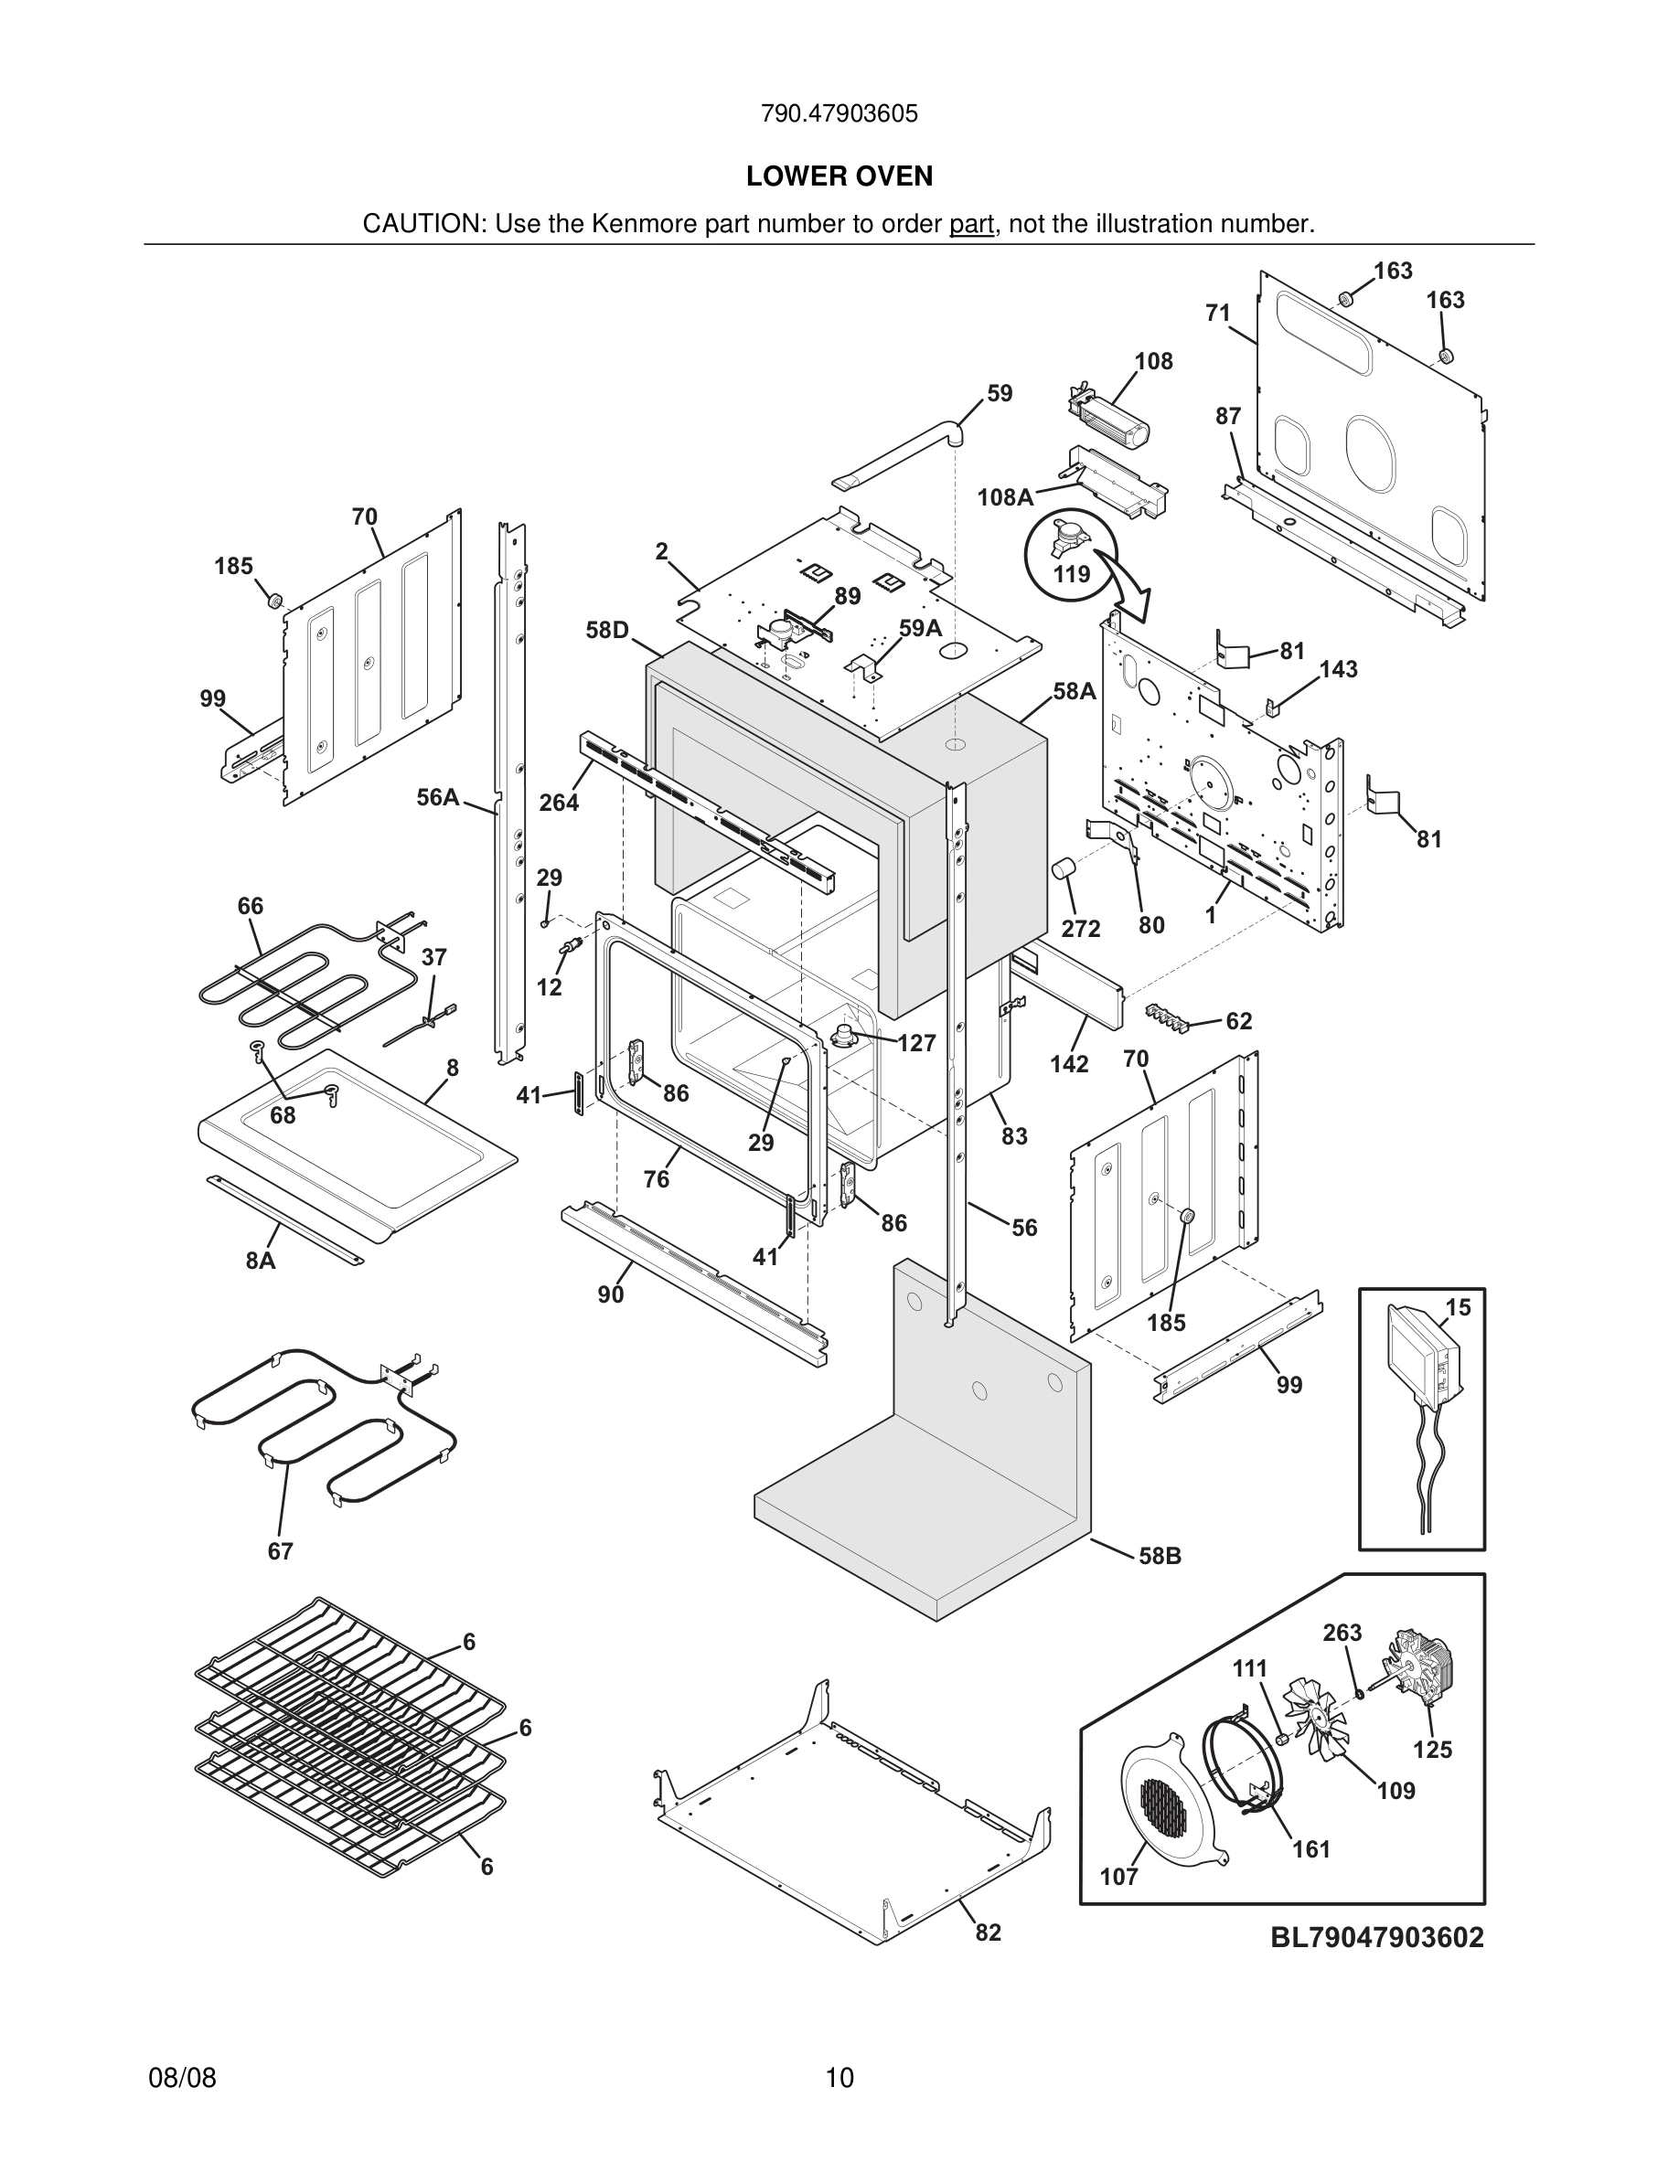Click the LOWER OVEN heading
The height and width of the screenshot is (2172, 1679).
[x=839, y=176]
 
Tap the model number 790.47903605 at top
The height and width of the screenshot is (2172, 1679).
[x=839, y=113]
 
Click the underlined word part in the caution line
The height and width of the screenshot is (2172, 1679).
[x=971, y=224]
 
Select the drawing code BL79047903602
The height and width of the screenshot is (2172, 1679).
[x=1376, y=1936]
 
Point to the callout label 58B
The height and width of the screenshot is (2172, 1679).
[x=1160, y=1555]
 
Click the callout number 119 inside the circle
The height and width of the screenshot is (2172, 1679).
[x=1071, y=574]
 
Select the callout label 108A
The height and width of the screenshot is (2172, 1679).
[x=1005, y=497]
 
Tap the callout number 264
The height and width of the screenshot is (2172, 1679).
[x=558, y=802]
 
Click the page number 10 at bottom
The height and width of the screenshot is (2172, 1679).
[x=839, y=2078]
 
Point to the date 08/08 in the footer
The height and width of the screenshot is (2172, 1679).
[x=182, y=2078]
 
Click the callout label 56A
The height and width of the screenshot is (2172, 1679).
[x=438, y=796]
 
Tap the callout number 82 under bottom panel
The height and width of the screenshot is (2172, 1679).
[x=988, y=1932]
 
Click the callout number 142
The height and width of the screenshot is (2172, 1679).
[x=1069, y=1063]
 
